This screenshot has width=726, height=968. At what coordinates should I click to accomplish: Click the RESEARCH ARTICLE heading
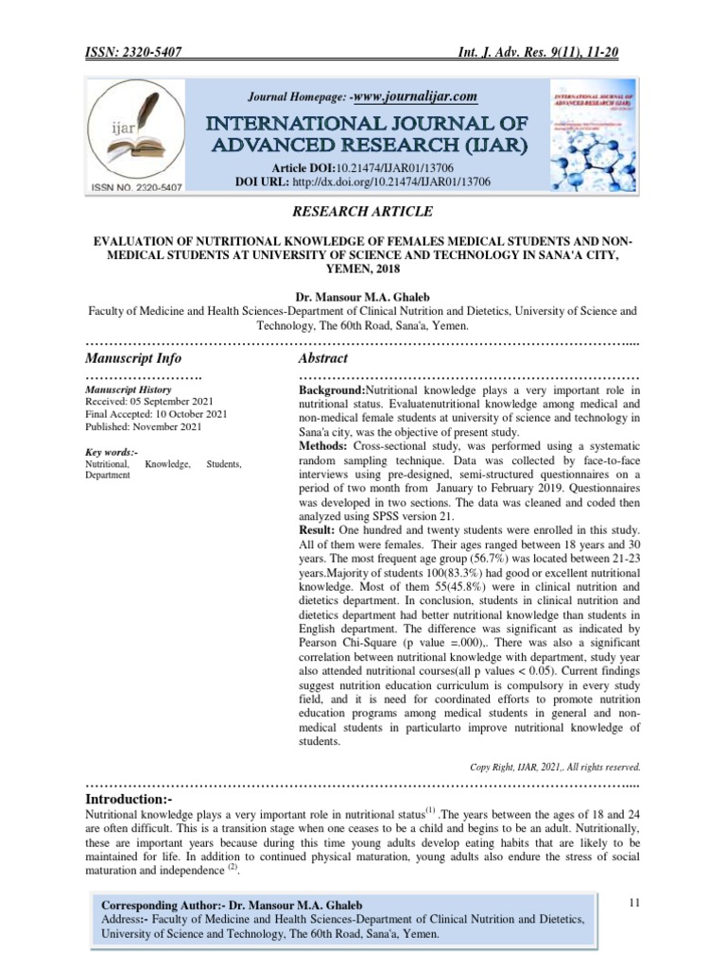point(362,212)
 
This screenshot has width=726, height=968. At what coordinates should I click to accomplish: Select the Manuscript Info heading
point(133,358)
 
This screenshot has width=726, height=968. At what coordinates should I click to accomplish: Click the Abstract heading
point(322,358)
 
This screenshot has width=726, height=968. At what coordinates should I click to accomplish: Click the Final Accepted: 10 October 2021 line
point(156,414)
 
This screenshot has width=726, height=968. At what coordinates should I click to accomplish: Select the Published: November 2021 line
point(143,427)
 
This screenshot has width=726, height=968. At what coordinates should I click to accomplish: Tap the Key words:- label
point(112,453)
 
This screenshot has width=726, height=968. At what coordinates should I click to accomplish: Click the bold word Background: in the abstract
point(332,390)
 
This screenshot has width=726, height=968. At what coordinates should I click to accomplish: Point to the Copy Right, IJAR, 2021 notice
point(555,766)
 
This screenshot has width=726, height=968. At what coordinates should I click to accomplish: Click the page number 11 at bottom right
point(634,905)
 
